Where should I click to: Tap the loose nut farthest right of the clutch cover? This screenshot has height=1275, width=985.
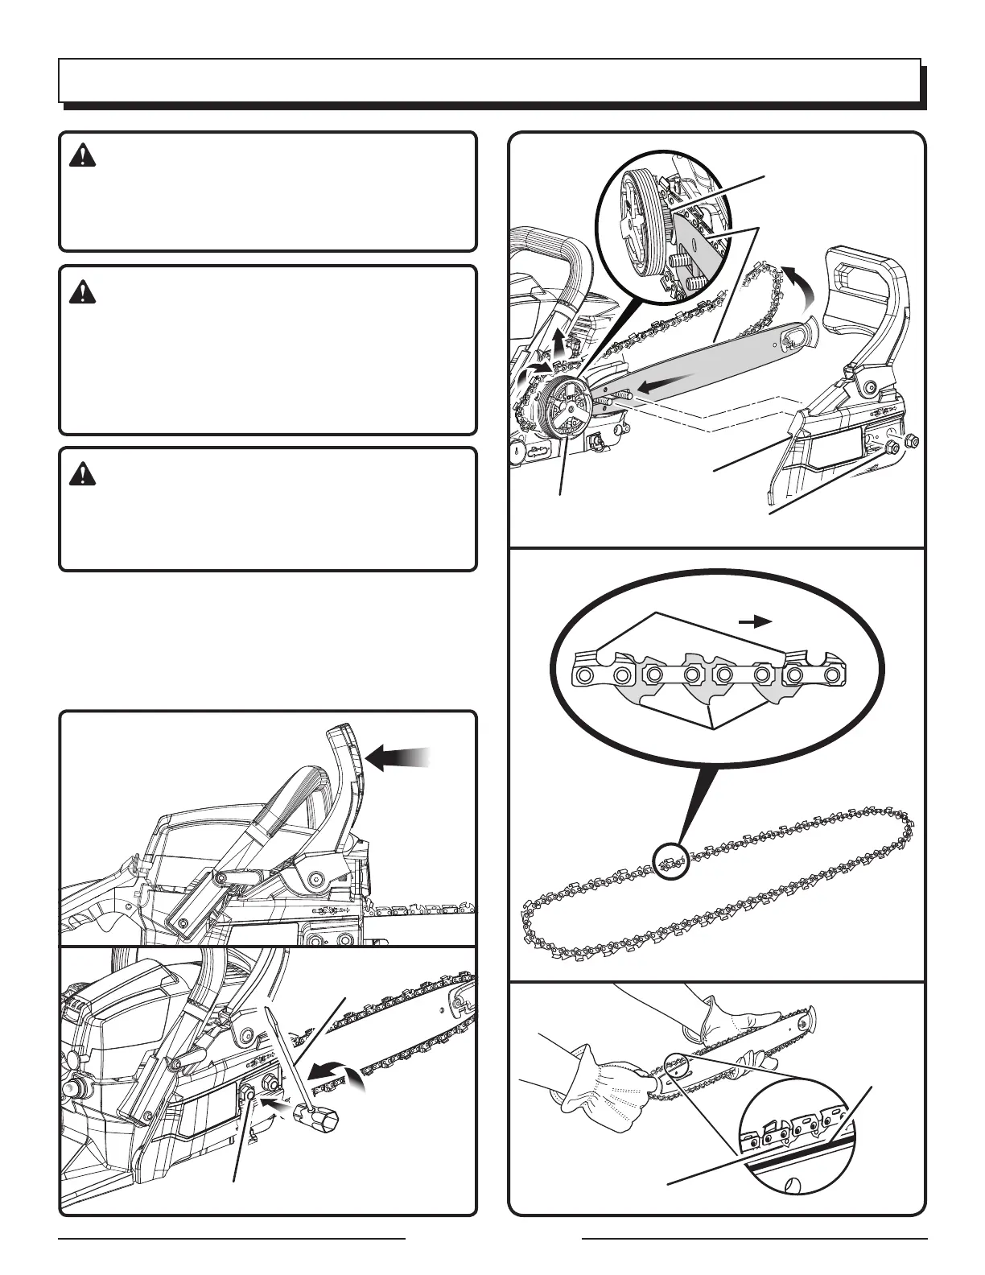912,440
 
